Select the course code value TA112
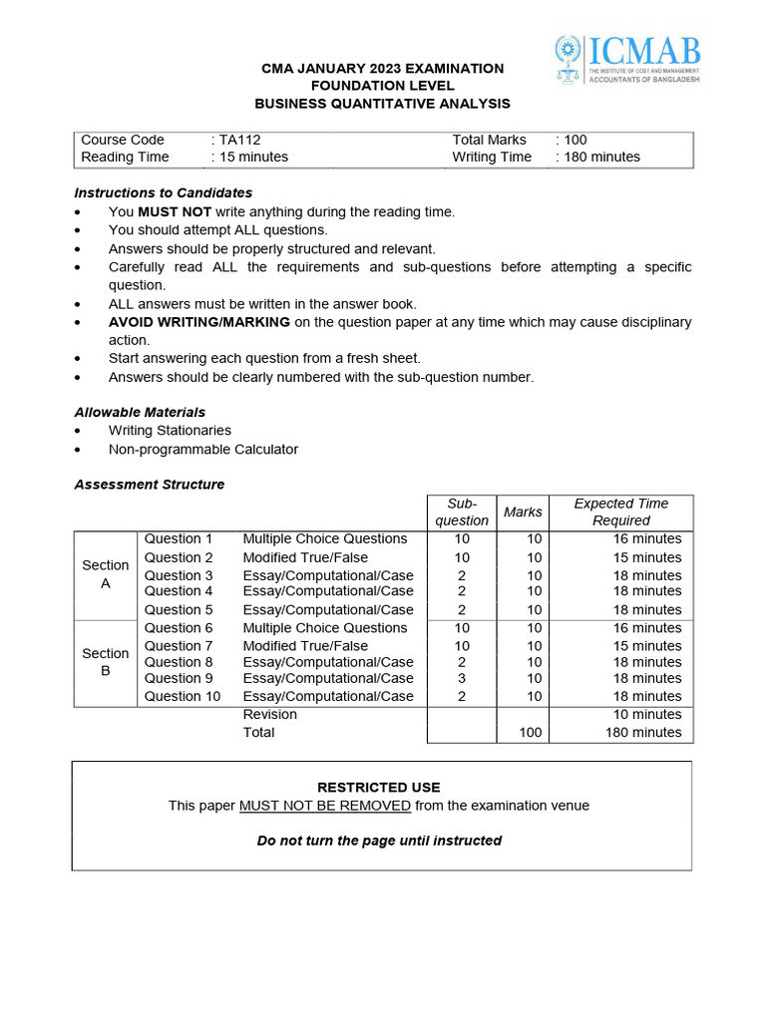click(239, 140)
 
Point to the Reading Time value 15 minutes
click(253, 157)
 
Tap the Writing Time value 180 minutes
click(601, 157)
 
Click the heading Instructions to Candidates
click(164, 192)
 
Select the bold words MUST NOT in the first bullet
click(171, 211)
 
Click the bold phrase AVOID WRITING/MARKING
click(199, 322)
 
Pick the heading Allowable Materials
click(140, 412)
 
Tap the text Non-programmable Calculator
click(203, 449)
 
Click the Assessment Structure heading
click(150, 485)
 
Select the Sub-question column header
click(462, 511)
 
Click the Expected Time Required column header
click(620, 511)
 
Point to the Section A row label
click(105, 573)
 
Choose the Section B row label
click(105, 662)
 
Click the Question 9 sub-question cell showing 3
click(462, 678)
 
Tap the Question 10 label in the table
click(183, 696)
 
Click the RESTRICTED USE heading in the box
click(378, 787)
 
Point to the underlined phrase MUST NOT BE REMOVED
click(325, 806)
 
